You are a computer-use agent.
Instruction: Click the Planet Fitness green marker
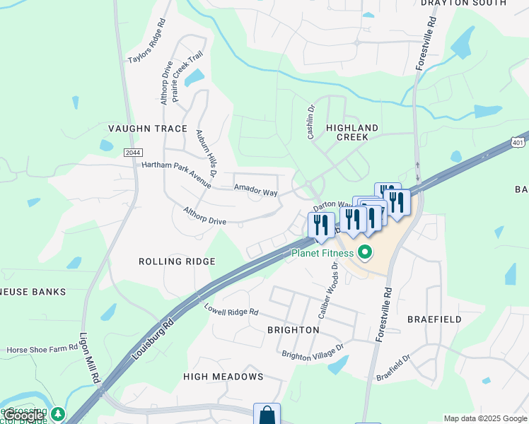pos(365,252)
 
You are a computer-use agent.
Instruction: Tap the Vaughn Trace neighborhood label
pos(147,129)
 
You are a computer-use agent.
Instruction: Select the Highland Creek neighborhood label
pos(352,132)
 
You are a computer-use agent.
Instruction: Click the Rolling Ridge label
pos(177,261)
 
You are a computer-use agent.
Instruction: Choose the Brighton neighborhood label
pos(293,330)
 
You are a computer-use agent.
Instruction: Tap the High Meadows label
pos(223,377)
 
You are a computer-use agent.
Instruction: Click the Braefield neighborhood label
pos(434,319)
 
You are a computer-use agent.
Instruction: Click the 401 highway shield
pos(520,143)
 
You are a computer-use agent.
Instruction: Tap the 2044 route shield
pos(132,153)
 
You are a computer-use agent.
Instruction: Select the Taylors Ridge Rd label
pos(146,42)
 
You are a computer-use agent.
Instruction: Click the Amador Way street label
pos(256,191)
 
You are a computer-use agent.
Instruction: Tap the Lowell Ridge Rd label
pos(231,311)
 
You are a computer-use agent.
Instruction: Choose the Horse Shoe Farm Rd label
pos(43,350)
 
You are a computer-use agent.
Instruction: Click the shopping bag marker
pos(267,415)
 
